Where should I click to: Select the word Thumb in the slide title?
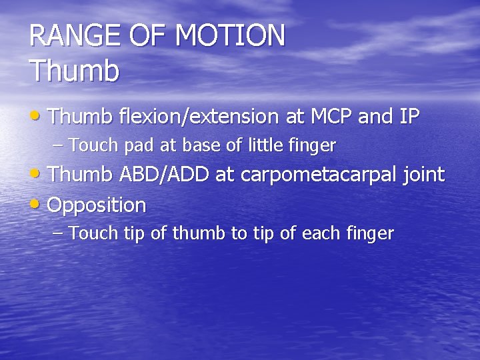click(x=74, y=71)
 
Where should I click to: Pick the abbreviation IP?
click(x=409, y=117)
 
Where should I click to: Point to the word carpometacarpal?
click(x=318, y=176)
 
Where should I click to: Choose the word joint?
click(x=423, y=176)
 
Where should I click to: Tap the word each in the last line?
click(x=323, y=233)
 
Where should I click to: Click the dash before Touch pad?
click(x=58, y=145)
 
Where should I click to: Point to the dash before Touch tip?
click(x=58, y=234)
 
